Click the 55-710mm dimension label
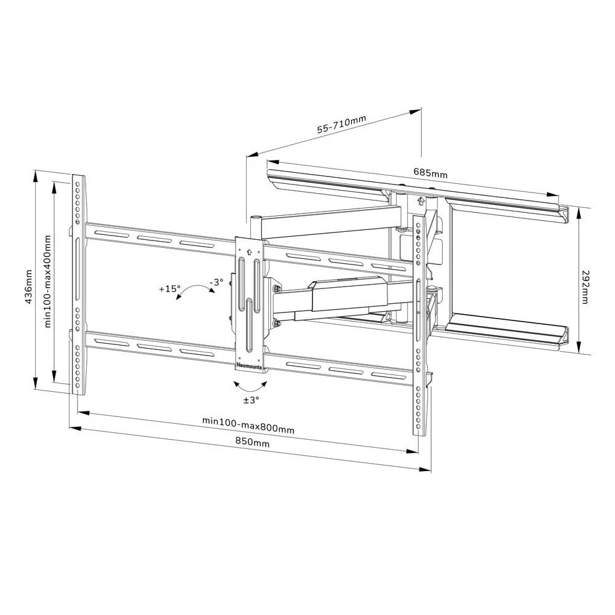click(341, 124)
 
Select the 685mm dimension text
click(430, 173)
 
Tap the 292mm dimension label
click(585, 287)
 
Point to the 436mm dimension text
click(29, 287)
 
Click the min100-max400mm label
click(48, 281)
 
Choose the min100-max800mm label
click(248, 425)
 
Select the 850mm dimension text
click(252, 441)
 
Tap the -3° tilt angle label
click(216, 282)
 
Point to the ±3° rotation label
click(252, 400)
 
